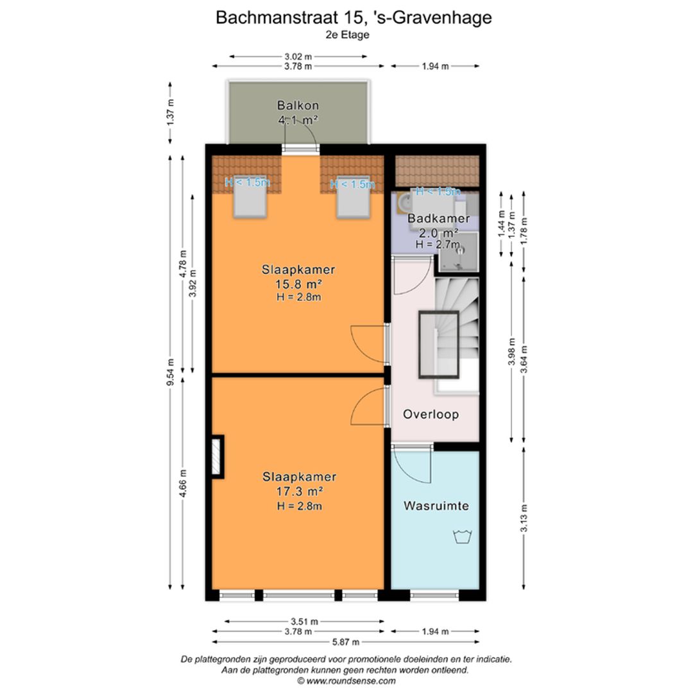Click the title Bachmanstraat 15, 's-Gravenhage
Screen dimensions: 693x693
[354, 17]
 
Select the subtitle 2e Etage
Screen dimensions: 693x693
[347, 35]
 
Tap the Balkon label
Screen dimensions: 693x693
[298, 105]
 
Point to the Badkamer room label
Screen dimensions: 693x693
[438, 219]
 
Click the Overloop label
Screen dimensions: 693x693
[431, 415]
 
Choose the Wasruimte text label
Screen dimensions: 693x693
[436, 506]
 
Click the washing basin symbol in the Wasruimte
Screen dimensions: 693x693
[461, 536]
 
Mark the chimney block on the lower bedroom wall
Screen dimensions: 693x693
[218, 456]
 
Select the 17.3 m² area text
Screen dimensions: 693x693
[298, 492]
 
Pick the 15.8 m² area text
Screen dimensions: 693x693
[298, 284]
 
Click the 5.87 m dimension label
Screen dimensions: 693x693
[346, 642]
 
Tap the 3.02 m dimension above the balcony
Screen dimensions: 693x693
[298, 56]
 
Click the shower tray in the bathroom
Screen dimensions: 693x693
[458, 251]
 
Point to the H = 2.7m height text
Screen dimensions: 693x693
[438, 244]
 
